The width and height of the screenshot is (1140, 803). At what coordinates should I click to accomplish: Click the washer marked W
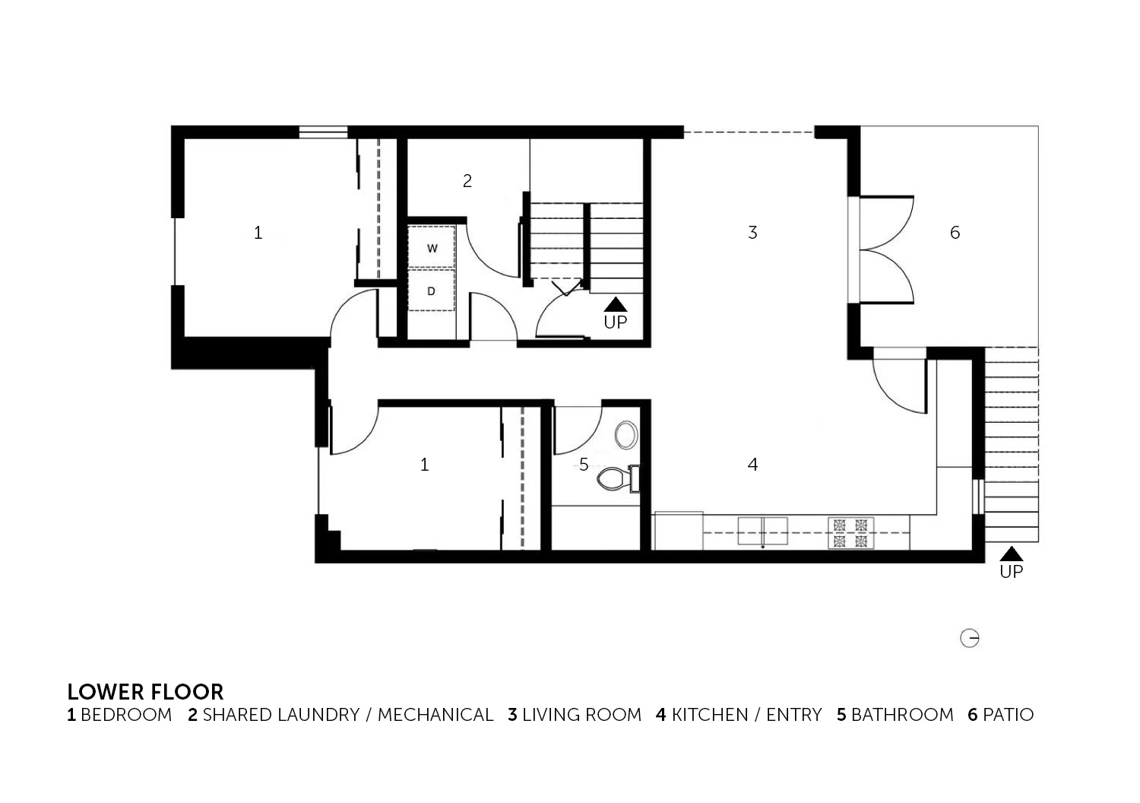click(x=432, y=247)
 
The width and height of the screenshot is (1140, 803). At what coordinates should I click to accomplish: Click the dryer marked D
click(x=432, y=290)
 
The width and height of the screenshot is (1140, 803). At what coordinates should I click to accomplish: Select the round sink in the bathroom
click(x=626, y=435)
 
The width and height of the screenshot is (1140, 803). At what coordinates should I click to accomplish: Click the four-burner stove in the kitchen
click(x=850, y=533)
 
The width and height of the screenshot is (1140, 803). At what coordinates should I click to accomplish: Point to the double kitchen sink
click(x=763, y=531)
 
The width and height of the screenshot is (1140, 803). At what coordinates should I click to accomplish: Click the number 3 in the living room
click(x=752, y=233)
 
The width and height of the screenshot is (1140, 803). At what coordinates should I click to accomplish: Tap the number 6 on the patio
click(x=955, y=233)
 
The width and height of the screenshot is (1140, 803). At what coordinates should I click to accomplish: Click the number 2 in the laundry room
click(x=467, y=181)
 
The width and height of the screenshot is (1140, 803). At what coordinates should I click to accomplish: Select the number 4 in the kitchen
click(x=752, y=465)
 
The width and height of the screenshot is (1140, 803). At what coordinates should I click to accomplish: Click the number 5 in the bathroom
click(x=584, y=465)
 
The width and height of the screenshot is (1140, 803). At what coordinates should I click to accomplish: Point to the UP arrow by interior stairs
click(x=616, y=304)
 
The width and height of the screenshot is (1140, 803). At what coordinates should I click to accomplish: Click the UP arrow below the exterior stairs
click(x=1012, y=554)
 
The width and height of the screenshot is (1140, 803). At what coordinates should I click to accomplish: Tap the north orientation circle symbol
click(x=970, y=638)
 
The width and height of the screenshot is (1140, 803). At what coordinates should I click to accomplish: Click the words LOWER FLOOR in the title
click(x=146, y=693)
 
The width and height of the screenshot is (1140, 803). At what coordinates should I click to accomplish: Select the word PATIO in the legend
click(x=1009, y=715)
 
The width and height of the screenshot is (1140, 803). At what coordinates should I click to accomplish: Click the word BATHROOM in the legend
click(x=902, y=715)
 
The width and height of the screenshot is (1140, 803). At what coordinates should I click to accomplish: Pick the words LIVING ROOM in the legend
click(x=581, y=715)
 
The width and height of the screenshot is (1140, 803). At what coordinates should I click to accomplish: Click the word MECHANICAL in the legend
click(x=435, y=715)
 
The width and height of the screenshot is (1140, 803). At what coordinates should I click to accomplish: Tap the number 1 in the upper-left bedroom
click(x=258, y=233)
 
